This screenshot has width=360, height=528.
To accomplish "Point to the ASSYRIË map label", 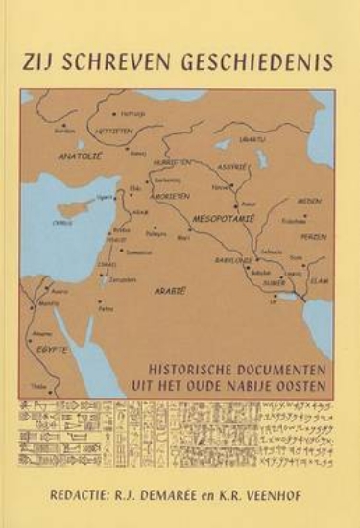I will tap(236, 165).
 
